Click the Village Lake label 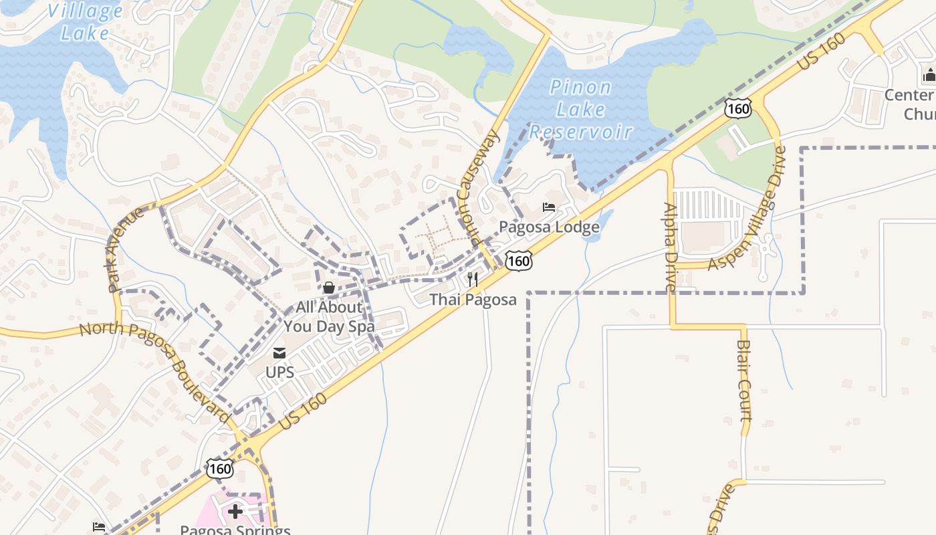85,21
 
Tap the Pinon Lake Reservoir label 580,109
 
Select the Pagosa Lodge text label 549,227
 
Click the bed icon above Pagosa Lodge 549,207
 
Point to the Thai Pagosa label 473,300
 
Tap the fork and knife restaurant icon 473,279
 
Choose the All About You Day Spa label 329,317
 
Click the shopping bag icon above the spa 329,288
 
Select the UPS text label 279,372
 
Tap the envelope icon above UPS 279,352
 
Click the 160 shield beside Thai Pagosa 519,261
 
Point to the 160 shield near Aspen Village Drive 738,108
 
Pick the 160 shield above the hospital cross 219,469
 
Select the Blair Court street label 744,379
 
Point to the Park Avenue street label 125,249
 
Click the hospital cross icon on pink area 235,512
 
